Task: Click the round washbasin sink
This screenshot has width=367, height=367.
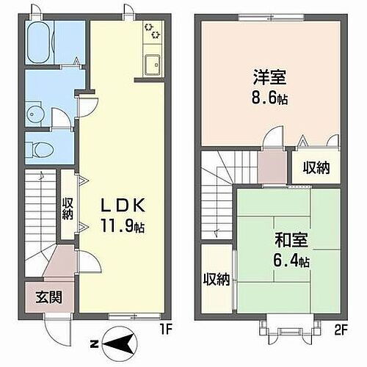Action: click(x=34, y=114)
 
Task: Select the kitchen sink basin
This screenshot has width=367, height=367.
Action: click(x=153, y=64)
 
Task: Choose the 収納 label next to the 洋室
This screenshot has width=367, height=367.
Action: click(x=316, y=167)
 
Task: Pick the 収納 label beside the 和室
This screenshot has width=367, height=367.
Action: click(x=217, y=279)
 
